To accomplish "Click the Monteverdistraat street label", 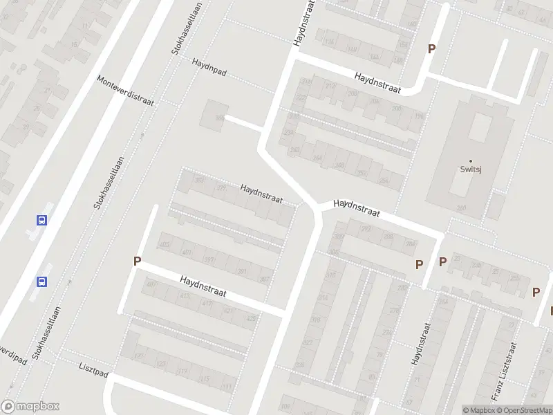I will (x=126, y=90).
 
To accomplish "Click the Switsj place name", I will (x=471, y=167).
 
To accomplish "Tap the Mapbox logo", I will (x=30, y=407).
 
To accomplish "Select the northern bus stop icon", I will (x=42, y=221).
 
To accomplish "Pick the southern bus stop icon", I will (x=42, y=282).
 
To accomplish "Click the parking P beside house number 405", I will (x=138, y=261).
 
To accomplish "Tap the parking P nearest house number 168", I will (x=432, y=48).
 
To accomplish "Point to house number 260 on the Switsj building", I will (x=460, y=208).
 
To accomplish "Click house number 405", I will (x=165, y=245).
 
